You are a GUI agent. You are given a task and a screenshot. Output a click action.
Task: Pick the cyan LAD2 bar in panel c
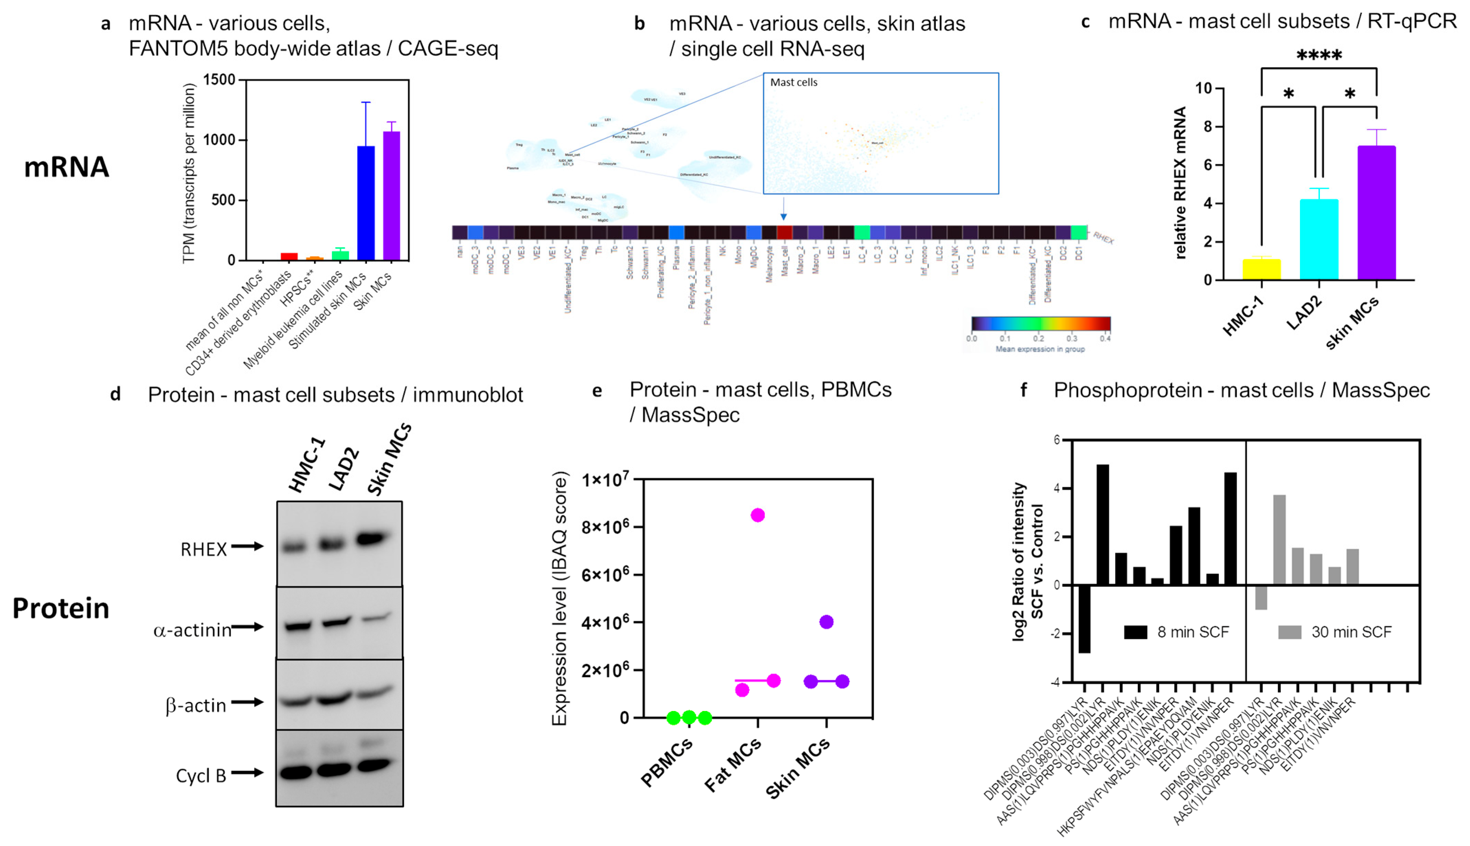point(1318,240)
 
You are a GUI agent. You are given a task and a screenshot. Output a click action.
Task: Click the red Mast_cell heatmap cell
point(784,232)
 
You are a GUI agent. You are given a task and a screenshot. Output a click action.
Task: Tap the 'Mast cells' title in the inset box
point(793,82)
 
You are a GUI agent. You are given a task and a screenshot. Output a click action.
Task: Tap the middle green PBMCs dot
point(689,717)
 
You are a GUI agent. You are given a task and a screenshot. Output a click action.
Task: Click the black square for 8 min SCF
point(1135,632)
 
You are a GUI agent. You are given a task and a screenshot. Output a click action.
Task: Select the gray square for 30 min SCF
point(1289,632)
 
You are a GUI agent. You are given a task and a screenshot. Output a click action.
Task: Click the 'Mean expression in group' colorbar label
point(1040,349)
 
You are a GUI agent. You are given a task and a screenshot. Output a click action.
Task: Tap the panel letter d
point(115,394)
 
